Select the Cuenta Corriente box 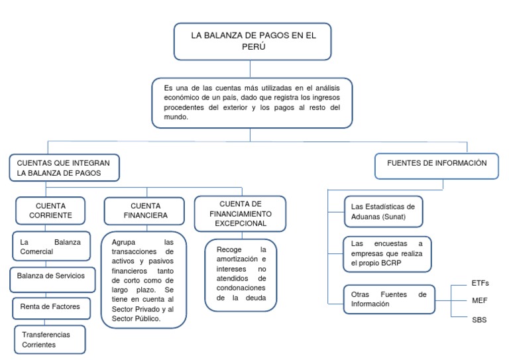click(x=50, y=210)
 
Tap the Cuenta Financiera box click(x=145, y=211)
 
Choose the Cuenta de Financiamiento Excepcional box click(x=240, y=213)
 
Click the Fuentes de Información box click(x=436, y=163)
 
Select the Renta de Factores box click(x=50, y=306)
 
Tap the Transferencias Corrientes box click(x=50, y=339)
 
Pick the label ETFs click(x=481, y=283)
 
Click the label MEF click(x=480, y=300)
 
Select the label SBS click(x=479, y=320)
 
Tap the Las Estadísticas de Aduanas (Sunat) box click(x=383, y=211)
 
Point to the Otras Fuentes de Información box click(x=388, y=299)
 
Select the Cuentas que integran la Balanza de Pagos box click(x=64, y=168)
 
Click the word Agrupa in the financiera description click(x=124, y=242)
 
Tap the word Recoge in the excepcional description click(x=229, y=249)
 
